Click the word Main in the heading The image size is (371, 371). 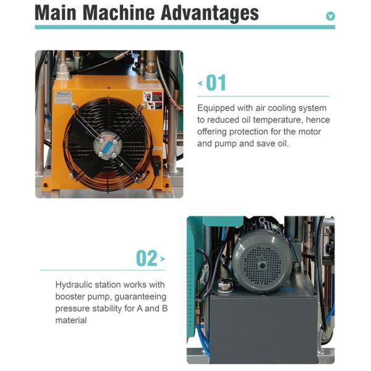click(x=58, y=13)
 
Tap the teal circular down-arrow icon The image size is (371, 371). click(x=330, y=17)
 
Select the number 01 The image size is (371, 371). click(x=216, y=83)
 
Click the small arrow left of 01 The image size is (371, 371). click(x=200, y=83)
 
